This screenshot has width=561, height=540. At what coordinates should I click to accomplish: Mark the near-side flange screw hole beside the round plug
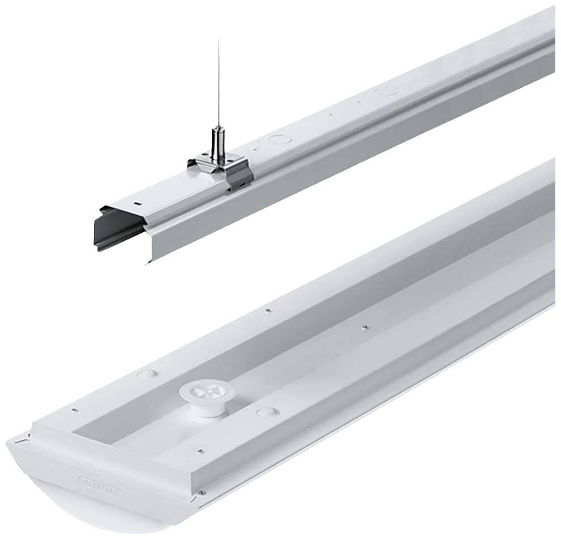tap(199, 451)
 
